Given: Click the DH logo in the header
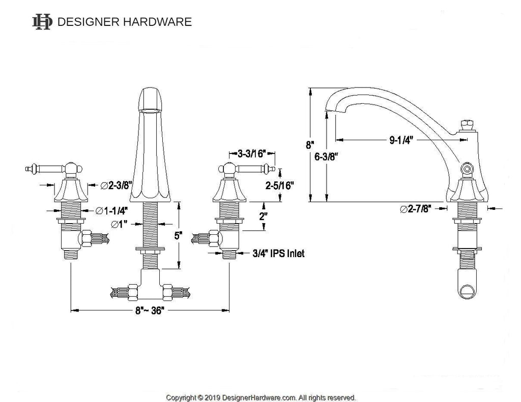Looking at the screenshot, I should click(42, 21).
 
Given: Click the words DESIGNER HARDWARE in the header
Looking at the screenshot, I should click(125, 22).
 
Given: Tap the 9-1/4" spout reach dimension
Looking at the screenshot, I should click(401, 140).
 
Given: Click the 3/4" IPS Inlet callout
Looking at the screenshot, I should click(279, 253).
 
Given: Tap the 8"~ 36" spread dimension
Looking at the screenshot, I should click(149, 311).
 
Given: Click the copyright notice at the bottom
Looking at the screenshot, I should click(261, 397).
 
